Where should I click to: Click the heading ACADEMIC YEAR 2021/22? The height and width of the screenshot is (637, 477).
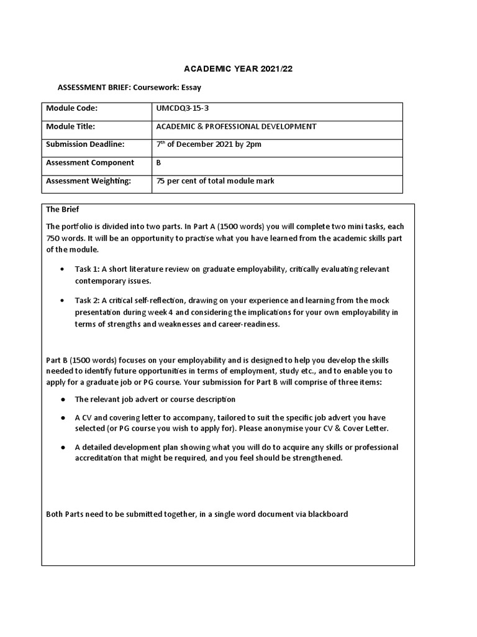(x=238, y=69)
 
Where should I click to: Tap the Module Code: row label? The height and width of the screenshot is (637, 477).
(x=72, y=108)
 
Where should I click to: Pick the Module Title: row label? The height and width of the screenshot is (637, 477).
(x=70, y=126)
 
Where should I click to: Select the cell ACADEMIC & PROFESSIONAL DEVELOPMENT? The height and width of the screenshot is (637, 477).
(x=236, y=126)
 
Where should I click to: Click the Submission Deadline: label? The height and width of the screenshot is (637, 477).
(x=85, y=144)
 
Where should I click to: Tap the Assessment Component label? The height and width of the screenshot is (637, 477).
(x=89, y=163)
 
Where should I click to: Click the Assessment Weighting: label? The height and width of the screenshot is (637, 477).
(x=88, y=181)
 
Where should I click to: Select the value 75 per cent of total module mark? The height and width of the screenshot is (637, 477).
(x=216, y=181)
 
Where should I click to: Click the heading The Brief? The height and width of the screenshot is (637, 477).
(x=63, y=210)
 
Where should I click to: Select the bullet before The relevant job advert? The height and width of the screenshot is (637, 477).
(x=63, y=399)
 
